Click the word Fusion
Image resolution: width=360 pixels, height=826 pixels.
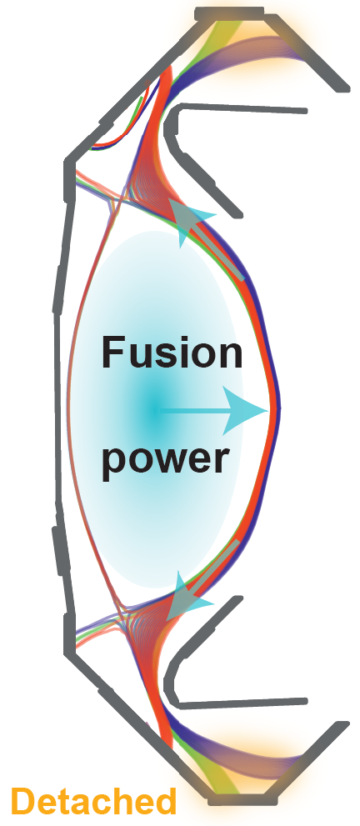(172, 353)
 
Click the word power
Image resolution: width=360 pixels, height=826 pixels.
(166, 458)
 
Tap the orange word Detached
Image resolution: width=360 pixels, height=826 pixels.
(93, 802)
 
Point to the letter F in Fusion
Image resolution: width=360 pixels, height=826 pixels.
(112, 353)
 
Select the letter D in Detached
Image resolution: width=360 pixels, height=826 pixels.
(23, 802)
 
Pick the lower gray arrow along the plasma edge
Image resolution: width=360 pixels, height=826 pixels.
(202, 582)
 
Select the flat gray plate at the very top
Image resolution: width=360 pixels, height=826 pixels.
(229, 13)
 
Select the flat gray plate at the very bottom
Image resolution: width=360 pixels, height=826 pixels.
(242, 800)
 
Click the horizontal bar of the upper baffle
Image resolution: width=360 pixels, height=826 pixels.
(243, 108)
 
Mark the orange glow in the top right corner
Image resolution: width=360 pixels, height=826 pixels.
(284, 37)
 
